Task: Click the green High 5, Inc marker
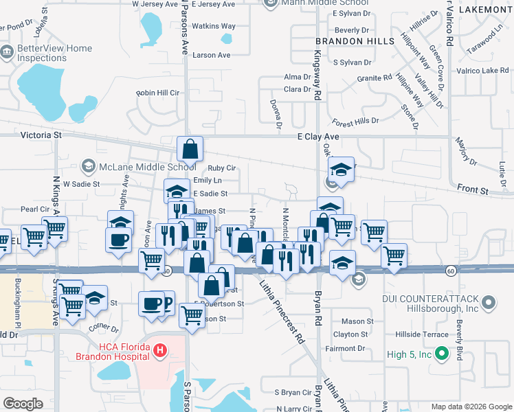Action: [x=442, y=354]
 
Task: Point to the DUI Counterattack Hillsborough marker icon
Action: [x=489, y=301]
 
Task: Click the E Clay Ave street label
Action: [x=318, y=137]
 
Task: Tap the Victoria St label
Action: [x=41, y=135]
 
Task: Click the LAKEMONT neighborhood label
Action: [x=485, y=10]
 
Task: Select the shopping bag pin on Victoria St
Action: [x=190, y=148]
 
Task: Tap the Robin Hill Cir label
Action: [x=157, y=93]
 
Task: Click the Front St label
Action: [x=473, y=189]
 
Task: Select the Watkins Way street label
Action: [x=214, y=26]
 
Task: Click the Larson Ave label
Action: [x=212, y=55]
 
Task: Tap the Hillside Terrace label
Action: [x=422, y=334]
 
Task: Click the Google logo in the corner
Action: [x=23, y=404]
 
